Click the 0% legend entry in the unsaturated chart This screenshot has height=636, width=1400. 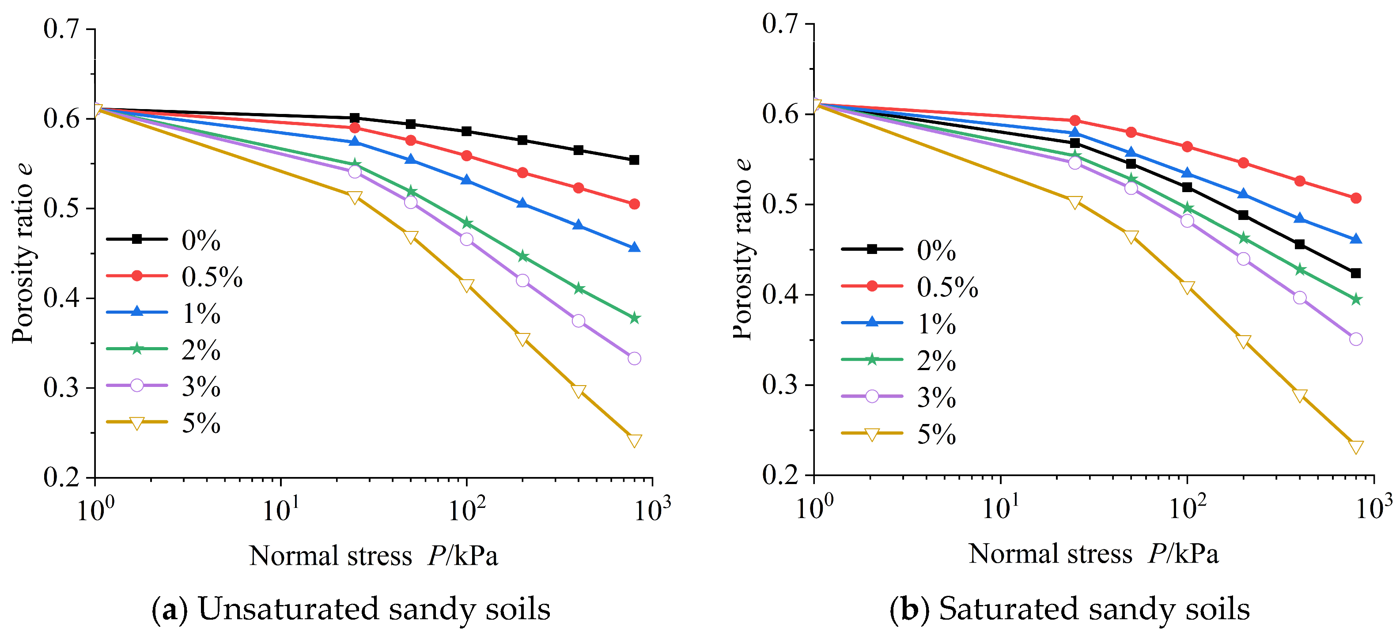[x=163, y=240]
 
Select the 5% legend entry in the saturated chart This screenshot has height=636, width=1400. [x=899, y=434]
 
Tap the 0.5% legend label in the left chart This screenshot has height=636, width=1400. [x=212, y=276]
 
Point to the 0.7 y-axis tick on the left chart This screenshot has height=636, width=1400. [x=61, y=29]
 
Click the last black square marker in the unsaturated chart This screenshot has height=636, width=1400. [x=634, y=160]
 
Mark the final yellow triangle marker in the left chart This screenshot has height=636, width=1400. [x=634, y=440]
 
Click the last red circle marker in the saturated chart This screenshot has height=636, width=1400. [x=1355, y=198]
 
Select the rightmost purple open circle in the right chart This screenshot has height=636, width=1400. [x=1355, y=339]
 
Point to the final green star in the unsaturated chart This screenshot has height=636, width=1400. [x=634, y=318]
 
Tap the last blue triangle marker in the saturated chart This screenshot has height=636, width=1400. [x=1355, y=239]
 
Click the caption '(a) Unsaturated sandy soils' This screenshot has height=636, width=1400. [x=351, y=609]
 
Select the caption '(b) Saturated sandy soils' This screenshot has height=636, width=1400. [x=1070, y=609]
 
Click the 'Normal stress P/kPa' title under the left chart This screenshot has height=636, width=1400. [x=373, y=556]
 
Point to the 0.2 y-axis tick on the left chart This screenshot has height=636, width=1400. [x=61, y=477]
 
